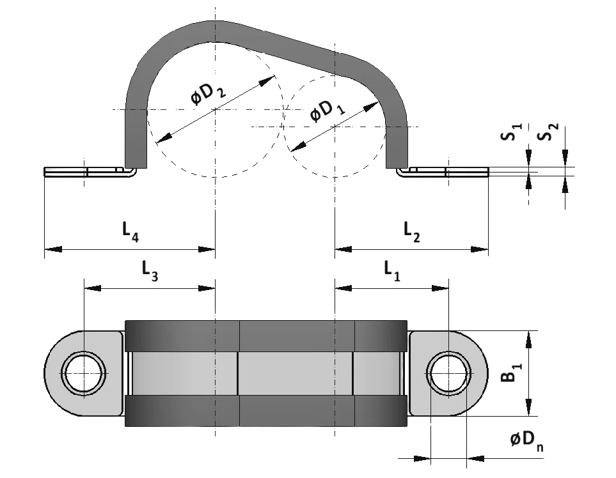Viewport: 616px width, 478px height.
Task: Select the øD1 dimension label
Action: point(326,111)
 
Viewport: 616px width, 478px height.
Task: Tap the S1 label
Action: point(510,134)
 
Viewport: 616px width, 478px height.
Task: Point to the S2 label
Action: point(548,133)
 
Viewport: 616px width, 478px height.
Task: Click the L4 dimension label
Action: point(130,231)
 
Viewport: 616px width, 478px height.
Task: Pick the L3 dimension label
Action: point(148,270)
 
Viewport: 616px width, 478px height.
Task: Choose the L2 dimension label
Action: point(412,231)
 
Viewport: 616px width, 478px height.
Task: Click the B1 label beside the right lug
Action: point(510,373)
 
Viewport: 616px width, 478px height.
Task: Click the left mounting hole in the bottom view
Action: point(83,373)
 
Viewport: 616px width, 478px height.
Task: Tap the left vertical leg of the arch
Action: point(135,137)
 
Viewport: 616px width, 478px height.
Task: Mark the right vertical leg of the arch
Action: point(396,144)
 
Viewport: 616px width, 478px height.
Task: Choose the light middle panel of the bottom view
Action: point(294,373)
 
